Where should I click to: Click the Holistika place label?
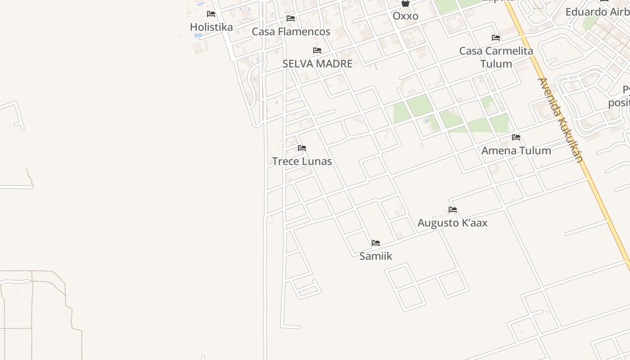[x=211, y=27]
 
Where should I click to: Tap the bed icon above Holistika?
[x=211, y=14]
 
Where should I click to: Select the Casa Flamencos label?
[x=291, y=31]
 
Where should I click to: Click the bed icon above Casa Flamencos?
[x=291, y=18]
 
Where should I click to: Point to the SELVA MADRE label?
[x=317, y=64]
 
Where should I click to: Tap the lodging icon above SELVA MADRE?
[x=317, y=50]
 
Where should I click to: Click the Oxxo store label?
[x=405, y=16]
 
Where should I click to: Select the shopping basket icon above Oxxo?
[x=405, y=4]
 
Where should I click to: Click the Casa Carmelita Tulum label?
[x=496, y=57]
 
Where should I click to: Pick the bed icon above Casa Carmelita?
[x=496, y=38]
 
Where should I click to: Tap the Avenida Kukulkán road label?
[x=560, y=120]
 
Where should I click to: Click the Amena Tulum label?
[x=516, y=151]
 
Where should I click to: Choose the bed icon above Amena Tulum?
[x=516, y=137]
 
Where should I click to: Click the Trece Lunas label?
[x=302, y=161]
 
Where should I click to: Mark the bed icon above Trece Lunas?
[x=302, y=148]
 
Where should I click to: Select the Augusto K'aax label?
[x=452, y=223]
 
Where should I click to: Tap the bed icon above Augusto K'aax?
[x=453, y=210]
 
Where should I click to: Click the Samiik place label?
[x=376, y=256]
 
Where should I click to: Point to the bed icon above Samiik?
[x=376, y=243]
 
